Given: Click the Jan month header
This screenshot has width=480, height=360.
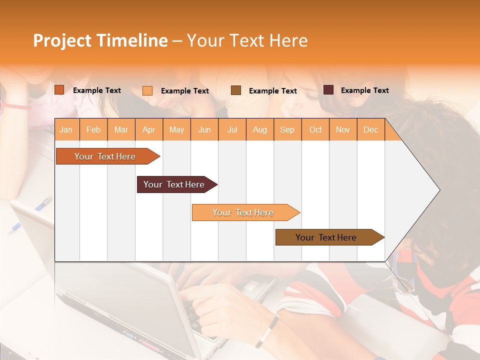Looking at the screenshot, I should coord(66,129).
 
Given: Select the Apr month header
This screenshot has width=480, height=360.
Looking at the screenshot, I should coord(148,129).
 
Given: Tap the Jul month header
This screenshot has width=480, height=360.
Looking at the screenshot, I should coord(232,129).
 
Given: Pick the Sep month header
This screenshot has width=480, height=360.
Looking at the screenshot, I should coord(287,129).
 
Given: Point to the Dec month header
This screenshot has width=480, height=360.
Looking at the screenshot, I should coord(370,129).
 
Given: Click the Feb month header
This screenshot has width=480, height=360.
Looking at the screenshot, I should coord(93,129).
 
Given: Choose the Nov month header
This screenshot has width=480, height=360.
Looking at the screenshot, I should coord(342,129).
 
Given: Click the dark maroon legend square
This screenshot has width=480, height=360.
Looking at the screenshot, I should coord(328,90).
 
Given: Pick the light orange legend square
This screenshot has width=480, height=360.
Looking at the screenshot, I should coord(147,90).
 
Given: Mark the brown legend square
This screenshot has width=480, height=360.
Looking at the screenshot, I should coord(236,90).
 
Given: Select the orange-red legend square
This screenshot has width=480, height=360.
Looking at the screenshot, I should coord(59,90).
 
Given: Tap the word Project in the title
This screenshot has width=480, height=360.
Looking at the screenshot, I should coord(62,40).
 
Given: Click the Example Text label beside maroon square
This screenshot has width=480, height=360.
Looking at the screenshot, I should coord(364,90).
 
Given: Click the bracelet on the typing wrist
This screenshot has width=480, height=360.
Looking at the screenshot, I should coord(267,331).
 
